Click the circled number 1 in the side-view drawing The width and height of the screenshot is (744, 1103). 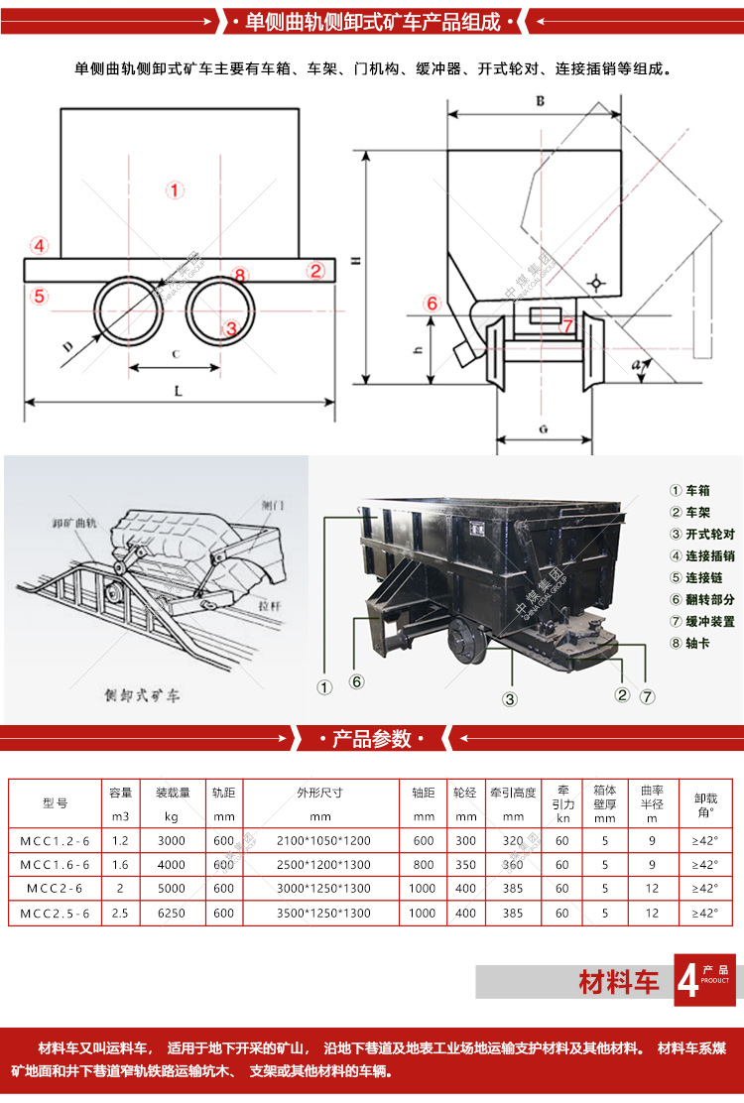(175, 189)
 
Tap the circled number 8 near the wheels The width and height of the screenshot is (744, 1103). (238, 275)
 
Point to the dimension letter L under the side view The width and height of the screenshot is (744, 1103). (179, 390)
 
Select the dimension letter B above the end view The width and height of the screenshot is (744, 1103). (540, 101)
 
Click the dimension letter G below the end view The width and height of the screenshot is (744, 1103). (545, 429)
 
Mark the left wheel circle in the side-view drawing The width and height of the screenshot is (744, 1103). (128, 309)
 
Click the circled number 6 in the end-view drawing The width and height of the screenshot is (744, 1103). (432, 304)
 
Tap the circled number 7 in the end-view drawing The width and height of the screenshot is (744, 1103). (566, 324)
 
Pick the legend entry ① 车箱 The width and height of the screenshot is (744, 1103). (690, 490)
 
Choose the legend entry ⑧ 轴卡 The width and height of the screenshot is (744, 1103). (690, 643)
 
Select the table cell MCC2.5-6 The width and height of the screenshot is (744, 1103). (56, 913)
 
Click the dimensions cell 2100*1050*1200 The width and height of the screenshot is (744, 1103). (319, 839)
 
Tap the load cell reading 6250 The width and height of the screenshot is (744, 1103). (172, 913)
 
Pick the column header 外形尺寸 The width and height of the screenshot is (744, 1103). (319, 793)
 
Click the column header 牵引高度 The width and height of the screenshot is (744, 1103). (513, 793)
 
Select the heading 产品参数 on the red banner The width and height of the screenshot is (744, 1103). (372, 739)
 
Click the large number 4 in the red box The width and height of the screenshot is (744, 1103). (687, 980)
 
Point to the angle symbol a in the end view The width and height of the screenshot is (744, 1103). (635, 365)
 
